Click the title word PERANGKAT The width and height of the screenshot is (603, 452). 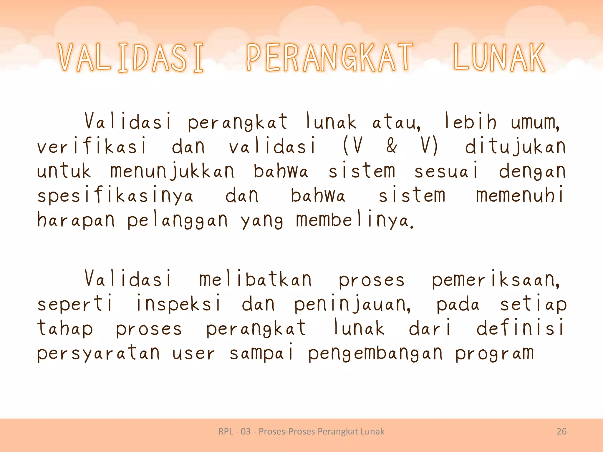(329, 58)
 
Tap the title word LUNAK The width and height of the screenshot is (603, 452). (499, 58)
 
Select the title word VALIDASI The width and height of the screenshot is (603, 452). (131, 58)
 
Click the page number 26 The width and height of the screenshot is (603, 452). (561, 431)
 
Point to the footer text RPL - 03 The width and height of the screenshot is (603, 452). (234, 431)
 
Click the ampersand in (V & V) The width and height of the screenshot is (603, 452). (391, 146)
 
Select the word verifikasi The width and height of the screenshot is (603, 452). (92, 146)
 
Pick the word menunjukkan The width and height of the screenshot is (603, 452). (172, 172)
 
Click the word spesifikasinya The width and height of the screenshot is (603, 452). (115, 196)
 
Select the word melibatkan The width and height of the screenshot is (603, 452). (255, 279)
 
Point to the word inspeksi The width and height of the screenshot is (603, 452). (178, 304)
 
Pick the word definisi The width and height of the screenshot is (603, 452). (520, 328)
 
